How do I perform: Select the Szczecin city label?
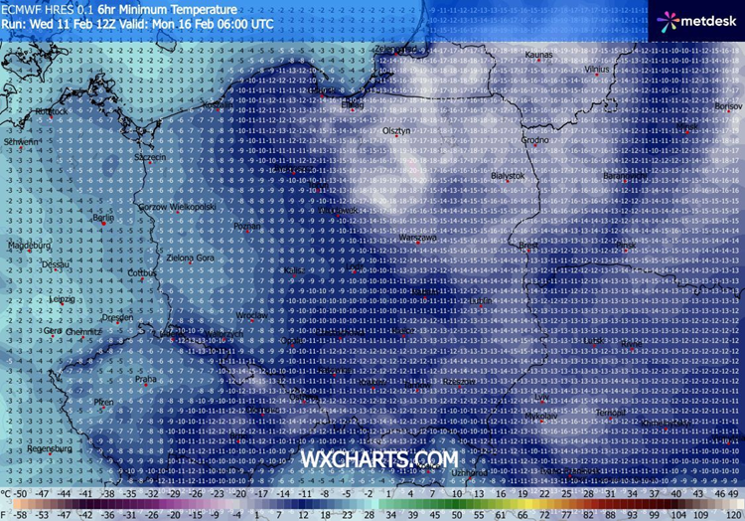[x=151, y=157]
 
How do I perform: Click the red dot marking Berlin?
[x=96, y=224]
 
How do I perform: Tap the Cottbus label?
[x=143, y=271]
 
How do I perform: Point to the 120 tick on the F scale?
[x=732, y=514]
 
